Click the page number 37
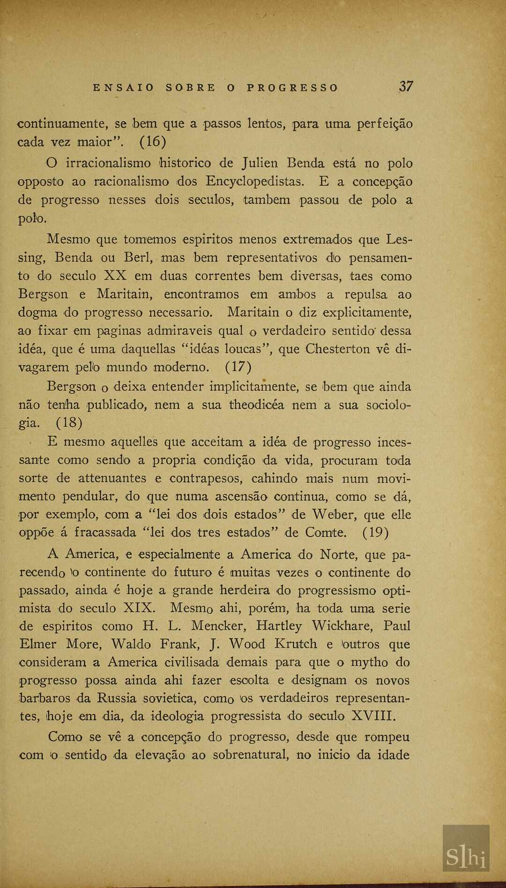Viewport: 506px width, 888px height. [x=406, y=87]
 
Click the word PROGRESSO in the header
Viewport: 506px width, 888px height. [x=292, y=88]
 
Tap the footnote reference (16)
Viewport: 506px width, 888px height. [x=153, y=142]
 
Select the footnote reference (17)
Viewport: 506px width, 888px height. [x=238, y=366]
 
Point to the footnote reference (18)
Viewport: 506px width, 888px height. [x=69, y=423]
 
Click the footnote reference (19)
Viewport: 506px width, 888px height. [x=375, y=532]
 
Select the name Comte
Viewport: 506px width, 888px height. [x=326, y=532]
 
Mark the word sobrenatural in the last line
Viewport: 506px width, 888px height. [x=251, y=755]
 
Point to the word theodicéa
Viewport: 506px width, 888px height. [x=256, y=405]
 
